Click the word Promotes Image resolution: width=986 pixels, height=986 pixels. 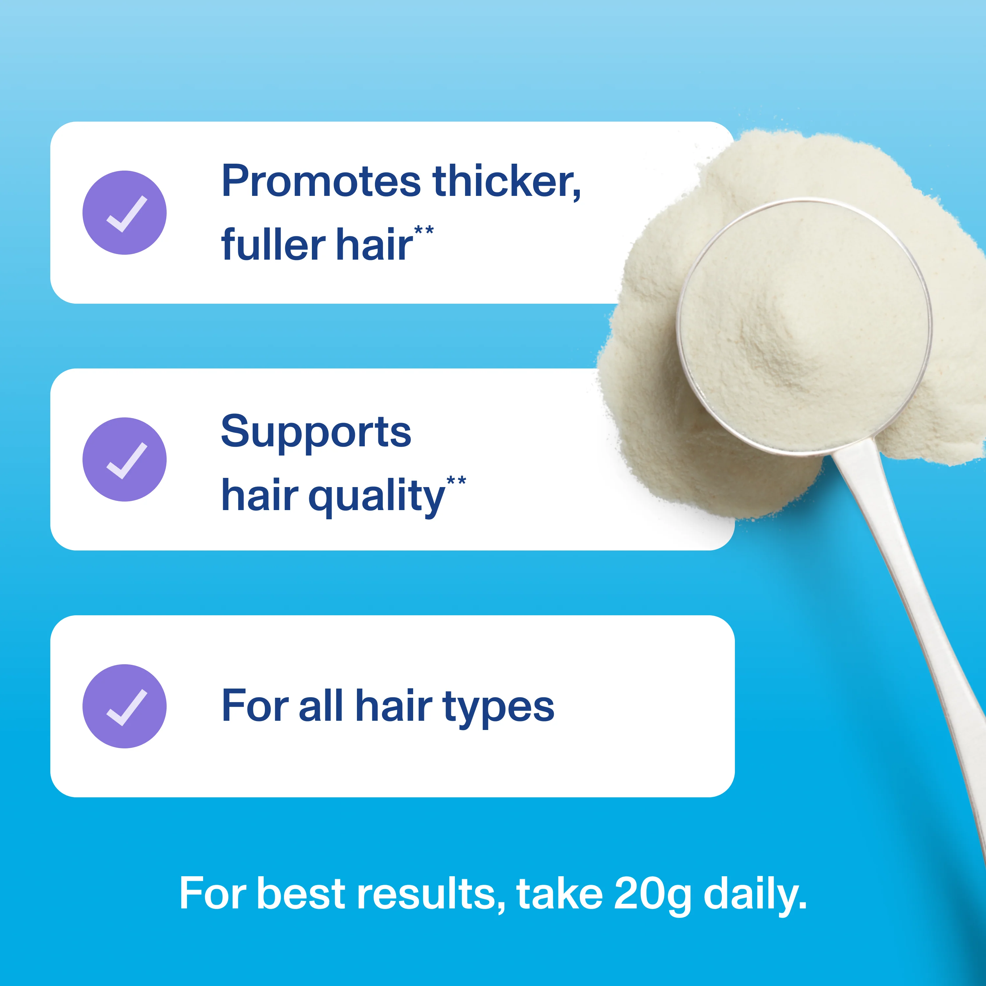click(321, 182)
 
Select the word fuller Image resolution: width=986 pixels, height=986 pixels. click(273, 245)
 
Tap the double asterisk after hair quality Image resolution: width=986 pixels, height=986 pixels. click(456, 481)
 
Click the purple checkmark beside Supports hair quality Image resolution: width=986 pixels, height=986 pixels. click(125, 459)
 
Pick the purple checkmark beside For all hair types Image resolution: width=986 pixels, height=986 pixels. click(125, 706)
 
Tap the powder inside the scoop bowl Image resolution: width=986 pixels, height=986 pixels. click(804, 327)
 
